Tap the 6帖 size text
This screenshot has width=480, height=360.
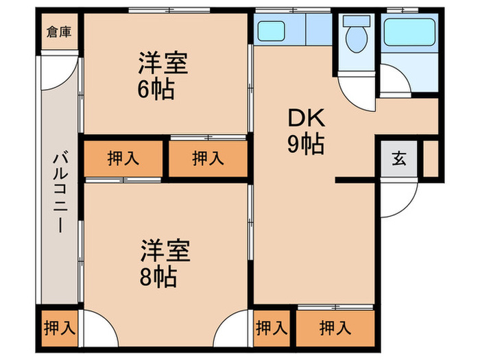pos(155,89)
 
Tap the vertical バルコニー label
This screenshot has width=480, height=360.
pos(60,194)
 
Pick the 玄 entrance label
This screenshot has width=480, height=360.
pos(398,159)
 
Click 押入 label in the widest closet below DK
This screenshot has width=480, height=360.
pos(336,328)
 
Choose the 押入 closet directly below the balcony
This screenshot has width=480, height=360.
pos(60,328)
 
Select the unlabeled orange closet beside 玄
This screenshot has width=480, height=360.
pos(431,159)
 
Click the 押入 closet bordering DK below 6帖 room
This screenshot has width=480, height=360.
pos(208,158)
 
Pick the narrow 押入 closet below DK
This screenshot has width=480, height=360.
pos(272,328)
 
